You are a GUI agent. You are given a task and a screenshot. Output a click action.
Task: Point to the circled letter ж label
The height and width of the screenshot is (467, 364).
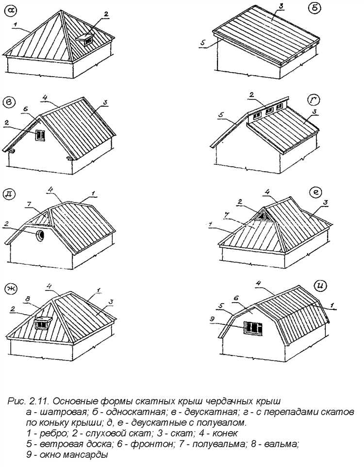click(x=11, y=289)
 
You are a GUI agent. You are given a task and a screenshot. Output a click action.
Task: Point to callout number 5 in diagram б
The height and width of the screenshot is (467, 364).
click(x=203, y=43)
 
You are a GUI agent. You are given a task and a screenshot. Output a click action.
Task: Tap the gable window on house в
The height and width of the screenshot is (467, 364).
click(x=40, y=135)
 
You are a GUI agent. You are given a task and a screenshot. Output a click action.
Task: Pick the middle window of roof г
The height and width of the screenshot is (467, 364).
click(x=267, y=111)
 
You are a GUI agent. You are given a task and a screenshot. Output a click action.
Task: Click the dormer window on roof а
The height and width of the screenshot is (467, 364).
click(x=88, y=41)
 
